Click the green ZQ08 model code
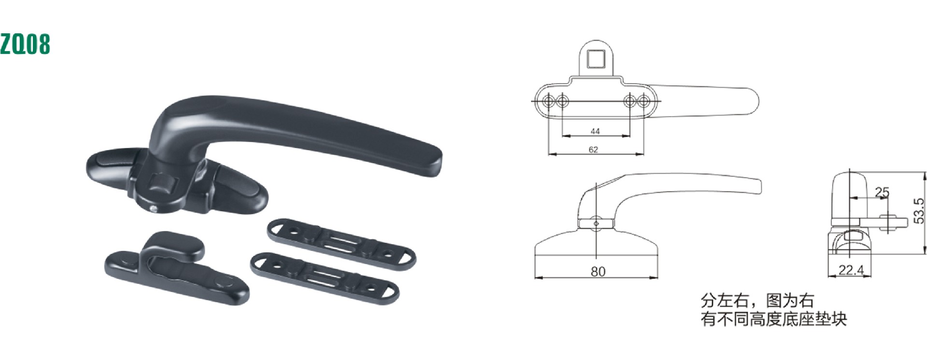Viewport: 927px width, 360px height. [25, 44]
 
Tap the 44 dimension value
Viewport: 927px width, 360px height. [595, 131]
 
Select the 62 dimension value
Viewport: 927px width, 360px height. [593, 150]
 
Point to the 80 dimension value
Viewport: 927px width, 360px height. [598, 272]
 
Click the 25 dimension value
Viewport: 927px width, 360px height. [882, 192]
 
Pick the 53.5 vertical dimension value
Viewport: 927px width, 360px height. [919, 211]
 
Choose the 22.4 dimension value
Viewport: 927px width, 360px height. [851, 270]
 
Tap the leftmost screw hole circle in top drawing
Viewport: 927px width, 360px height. [549, 101]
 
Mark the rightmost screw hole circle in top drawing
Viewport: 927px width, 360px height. [644, 101]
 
